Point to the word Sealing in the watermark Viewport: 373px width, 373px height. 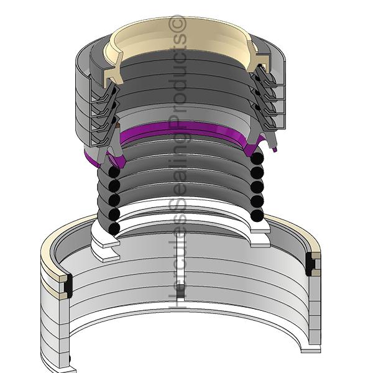178,167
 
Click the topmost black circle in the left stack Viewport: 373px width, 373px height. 114,172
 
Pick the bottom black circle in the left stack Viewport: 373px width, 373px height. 114,228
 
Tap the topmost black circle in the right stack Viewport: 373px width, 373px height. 257,158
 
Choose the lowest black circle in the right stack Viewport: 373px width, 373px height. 257,215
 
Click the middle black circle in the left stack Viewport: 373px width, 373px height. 114,200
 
